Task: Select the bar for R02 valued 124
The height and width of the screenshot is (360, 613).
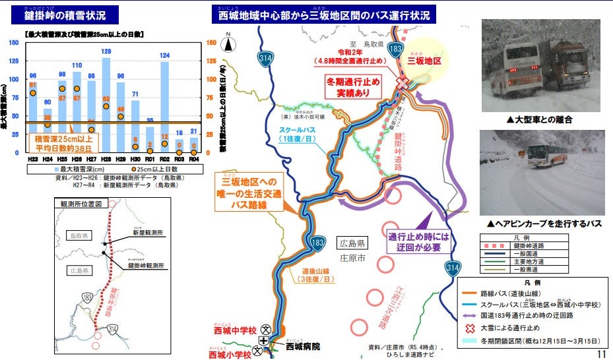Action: coord(164,105)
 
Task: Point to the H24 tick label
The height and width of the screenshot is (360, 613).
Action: coord(47,158)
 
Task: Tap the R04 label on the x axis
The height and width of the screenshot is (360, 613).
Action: coord(193,158)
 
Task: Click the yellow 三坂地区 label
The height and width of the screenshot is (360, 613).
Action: coord(424,60)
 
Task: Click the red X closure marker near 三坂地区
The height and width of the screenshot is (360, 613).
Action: coord(402,82)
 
